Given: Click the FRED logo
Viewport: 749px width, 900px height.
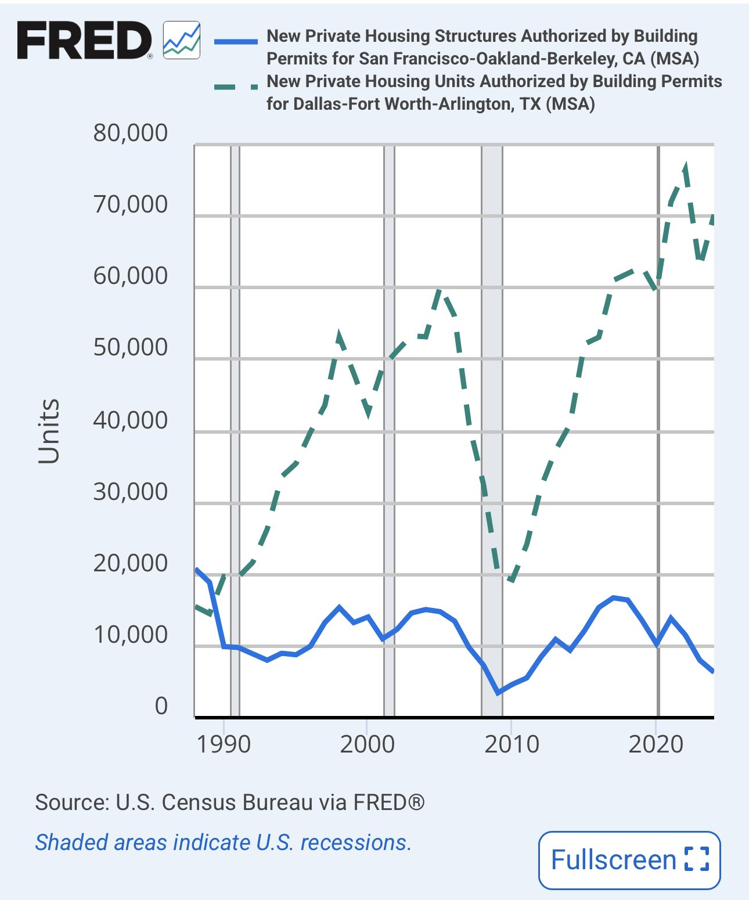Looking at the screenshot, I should pos(84,41).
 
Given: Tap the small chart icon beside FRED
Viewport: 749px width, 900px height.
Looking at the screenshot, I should pos(182,40).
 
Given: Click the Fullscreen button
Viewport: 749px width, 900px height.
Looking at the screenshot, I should pos(629,860).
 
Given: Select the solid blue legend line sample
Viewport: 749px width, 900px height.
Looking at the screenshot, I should pos(236,41).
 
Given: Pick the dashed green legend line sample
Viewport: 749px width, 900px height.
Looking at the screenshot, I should pos(236,87).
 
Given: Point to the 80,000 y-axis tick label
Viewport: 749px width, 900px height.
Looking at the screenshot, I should pos(130,133).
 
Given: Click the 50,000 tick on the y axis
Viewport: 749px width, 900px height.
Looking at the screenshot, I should pos(130,347).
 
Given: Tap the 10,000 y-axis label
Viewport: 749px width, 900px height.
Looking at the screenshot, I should pos(130,635).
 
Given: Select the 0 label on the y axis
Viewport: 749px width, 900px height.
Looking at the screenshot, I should pos(161,706).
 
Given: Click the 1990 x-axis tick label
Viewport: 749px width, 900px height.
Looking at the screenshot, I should pos(224,744).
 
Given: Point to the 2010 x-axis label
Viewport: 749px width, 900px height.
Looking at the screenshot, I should pos(512,744).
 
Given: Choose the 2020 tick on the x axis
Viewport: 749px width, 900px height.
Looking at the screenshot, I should pos(656,744).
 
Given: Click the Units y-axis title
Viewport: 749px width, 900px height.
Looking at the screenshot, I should pos(49,431).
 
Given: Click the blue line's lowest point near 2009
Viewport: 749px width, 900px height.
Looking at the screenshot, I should pos(498,693).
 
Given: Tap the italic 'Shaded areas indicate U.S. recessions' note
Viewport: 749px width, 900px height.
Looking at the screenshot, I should pos(223,842).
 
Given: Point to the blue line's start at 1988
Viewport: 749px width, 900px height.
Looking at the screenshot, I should pos(196,570).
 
